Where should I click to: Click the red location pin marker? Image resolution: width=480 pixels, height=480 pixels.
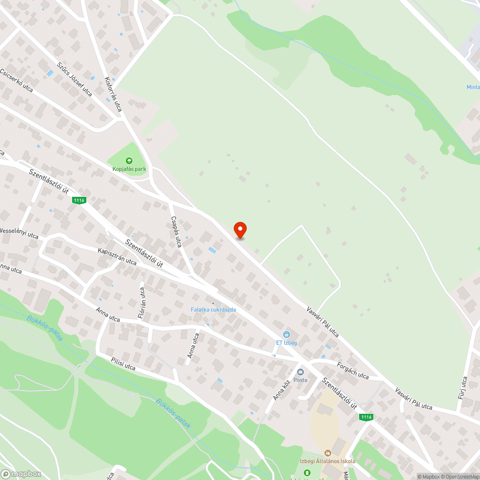[x=240, y=230]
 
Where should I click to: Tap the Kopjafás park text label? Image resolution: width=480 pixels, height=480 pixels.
[x=130, y=169]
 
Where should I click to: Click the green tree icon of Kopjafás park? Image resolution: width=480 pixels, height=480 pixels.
[x=129, y=161]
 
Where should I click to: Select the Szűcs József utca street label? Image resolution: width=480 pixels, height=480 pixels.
[x=74, y=79]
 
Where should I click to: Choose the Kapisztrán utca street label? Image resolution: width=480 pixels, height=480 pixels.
[x=117, y=256]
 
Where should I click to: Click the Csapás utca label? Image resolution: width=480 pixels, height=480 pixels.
[x=176, y=231]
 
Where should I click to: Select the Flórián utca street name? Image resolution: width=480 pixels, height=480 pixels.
[x=142, y=303]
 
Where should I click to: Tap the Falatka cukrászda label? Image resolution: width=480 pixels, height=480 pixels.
[x=213, y=310]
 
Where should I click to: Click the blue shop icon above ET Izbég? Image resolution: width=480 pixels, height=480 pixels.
[x=287, y=334]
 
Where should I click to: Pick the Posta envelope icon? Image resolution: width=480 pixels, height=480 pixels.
[x=300, y=372]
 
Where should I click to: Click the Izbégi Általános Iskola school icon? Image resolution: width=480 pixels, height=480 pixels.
[x=328, y=453]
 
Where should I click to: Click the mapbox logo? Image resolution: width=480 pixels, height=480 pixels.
[x=22, y=474]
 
